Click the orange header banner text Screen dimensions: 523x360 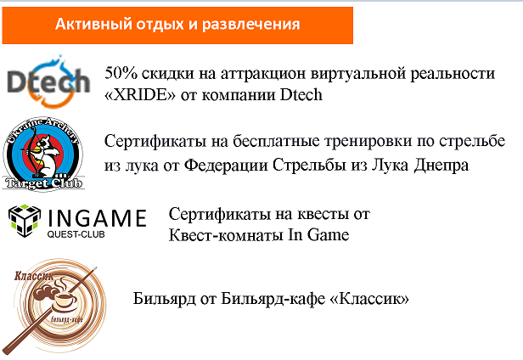tap(177, 25)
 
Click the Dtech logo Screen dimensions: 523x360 tap(48, 82)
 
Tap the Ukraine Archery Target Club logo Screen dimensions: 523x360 tap(43, 154)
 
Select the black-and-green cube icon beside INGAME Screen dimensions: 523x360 tap(25, 221)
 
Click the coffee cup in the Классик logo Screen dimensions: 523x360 tap(65, 298)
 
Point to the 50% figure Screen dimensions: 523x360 tap(121, 73)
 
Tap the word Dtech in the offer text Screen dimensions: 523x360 tap(301, 95)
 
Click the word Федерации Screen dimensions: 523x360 tap(226, 165)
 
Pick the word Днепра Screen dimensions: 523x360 tap(441, 166)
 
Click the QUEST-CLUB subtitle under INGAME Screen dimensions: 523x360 tap(76, 234)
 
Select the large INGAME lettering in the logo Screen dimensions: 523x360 tap(98, 218)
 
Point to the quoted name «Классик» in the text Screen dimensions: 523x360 tap(369, 299)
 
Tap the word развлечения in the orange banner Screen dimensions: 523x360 tap(250, 25)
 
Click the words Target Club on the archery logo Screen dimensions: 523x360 tap(43, 183)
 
